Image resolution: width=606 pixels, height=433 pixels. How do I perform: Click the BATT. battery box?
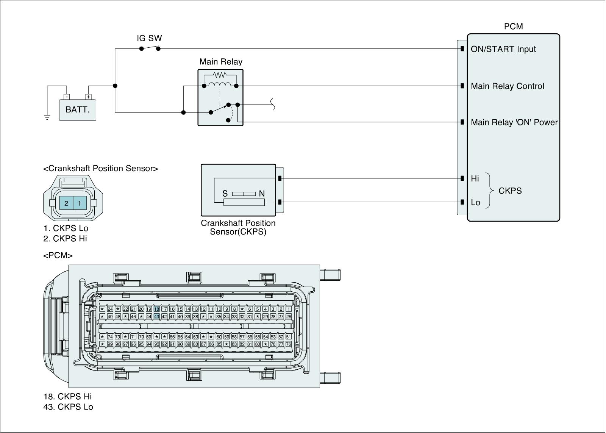[x=77, y=110]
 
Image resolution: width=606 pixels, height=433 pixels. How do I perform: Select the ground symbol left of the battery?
[x=47, y=117]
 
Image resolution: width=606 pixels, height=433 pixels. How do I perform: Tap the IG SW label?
[x=149, y=38]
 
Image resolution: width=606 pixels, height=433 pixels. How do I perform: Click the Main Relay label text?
[x=221, y=62]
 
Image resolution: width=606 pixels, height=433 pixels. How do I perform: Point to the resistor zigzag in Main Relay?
[x=220, y=75]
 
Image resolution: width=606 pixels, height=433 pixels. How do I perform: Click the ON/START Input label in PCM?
[x=503, y=49]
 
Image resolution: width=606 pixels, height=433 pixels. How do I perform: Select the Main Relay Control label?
[x=508, y=86]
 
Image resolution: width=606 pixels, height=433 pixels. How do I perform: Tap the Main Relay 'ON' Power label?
[x=514, y=122]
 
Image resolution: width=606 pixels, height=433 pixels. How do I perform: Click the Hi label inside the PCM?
[x=475, y=179]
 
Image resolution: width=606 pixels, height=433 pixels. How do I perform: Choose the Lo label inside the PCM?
[x=476, y=203]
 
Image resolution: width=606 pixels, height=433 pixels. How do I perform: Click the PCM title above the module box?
[x=513, y=27]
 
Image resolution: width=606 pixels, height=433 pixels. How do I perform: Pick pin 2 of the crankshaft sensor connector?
[x=66, y=203]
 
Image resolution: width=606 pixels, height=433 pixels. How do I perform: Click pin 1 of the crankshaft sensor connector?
[x=80, y=203]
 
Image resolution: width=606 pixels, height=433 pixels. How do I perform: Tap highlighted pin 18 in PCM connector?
[x=156, y=309]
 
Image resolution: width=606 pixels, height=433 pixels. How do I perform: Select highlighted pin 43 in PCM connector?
[x=156, y=316]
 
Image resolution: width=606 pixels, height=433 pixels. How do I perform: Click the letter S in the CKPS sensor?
[x=225, y=194]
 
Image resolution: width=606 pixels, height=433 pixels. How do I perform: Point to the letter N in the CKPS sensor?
[x=262, y=194]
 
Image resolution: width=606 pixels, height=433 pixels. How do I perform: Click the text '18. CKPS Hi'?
[x=67, y=397]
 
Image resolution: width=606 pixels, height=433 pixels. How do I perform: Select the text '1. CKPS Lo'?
[x=66, y=228]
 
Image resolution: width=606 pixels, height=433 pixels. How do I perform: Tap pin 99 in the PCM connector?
[x=110, y=344]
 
